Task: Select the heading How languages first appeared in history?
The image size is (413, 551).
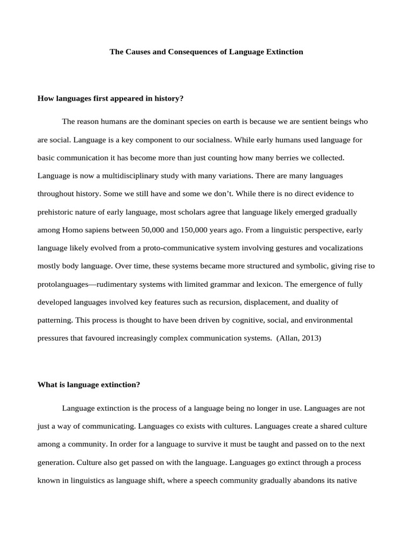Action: pos(111,98)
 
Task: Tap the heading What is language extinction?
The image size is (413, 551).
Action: pos(89,385)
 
